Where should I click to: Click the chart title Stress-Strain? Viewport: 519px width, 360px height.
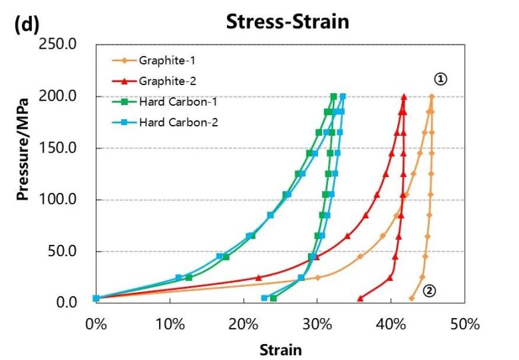click(x=287, y=21)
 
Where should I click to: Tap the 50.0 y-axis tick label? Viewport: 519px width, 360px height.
click(x=67, y=252)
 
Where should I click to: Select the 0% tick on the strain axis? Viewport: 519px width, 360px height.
click(x=96, y=325)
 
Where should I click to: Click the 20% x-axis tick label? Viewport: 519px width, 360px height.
click(x=244, y=325)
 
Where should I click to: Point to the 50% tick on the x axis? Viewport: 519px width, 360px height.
click(x=464, y=325)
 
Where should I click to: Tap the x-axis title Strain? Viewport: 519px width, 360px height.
click(x=280, y=349)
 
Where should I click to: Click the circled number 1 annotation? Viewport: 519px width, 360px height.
click(x=440, y=79)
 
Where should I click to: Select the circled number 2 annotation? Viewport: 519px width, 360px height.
click(x=429, y=291)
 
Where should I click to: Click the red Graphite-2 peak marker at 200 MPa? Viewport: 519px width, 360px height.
click(x=404, y=96)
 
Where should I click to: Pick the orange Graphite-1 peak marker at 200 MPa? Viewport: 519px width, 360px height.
click(x=432, y=96)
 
